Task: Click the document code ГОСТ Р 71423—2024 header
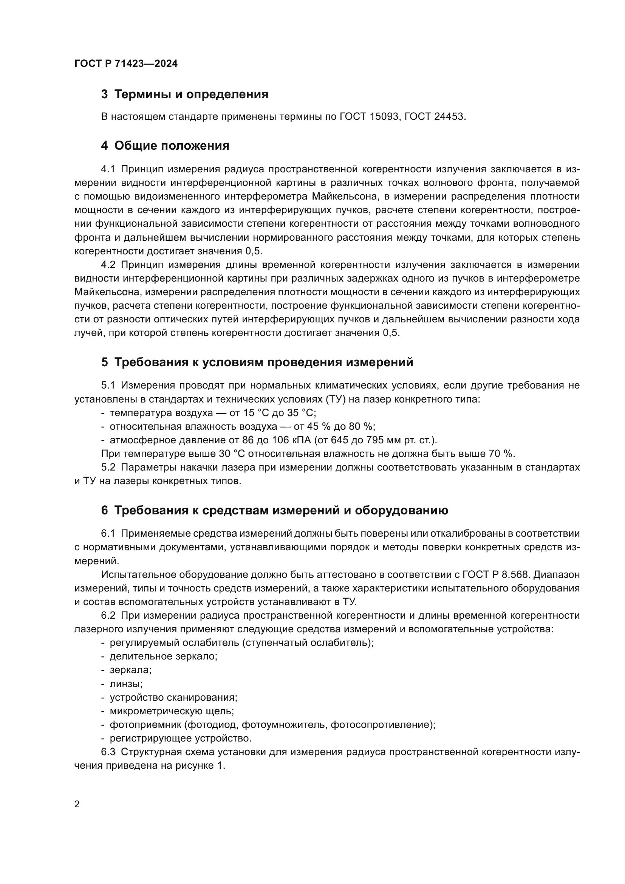click(126, 63)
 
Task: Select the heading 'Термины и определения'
click(191, 94)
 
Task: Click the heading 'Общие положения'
click(172, 146)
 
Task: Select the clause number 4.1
click(108, 169)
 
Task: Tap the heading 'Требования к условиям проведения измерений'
click(264, 362)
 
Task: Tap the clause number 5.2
click(108, 467)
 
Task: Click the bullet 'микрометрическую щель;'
click(172, 711)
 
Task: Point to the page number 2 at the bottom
click(77, 804)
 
